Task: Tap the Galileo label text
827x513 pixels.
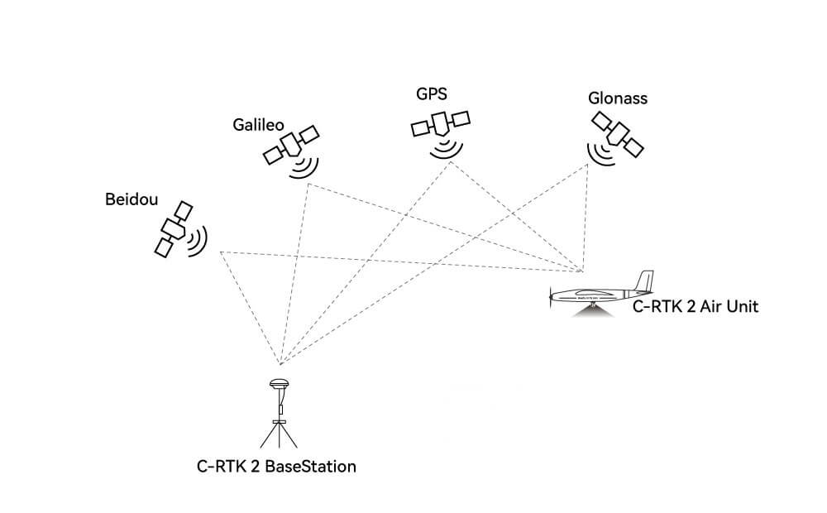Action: [258, 125]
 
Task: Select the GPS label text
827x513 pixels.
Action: [432, 93]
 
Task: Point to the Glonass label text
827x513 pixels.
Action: [617, 98]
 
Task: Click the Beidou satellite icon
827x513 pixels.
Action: [174, 228]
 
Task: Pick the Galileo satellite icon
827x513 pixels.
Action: [291, 144]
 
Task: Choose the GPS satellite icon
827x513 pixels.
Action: [440, 125]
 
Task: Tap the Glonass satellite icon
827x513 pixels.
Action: [619, 133]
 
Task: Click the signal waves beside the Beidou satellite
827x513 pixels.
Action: [198, 241]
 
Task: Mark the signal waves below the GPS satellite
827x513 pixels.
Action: [447, 148]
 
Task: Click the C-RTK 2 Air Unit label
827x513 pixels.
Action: [696, 307]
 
